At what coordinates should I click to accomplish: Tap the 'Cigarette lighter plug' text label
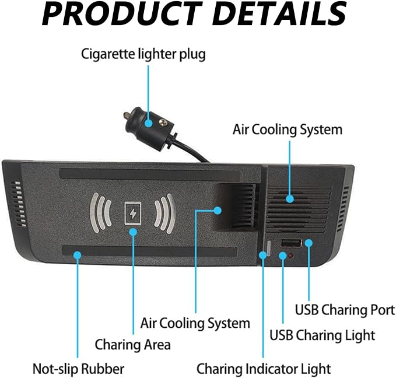pyautogui.click(x=143, y=54)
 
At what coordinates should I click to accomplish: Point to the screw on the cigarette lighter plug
pyautogui.click(x=163, y=123)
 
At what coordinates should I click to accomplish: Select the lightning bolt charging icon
pyautogui.click(x=133, y=213)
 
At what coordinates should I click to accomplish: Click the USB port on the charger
pyautogui.click(x=291, y=243)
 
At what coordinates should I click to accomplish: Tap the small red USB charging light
pyautogui.click(x=290, y=256)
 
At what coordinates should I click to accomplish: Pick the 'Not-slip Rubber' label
pyautogui.click(x=79, y=369)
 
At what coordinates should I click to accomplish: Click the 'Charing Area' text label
pyautogui.click(x=133, y=345)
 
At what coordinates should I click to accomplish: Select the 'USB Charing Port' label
pyautogui.click(x=345, y=310)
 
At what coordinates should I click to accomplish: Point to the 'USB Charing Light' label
pyautogui.click(x=323, y=335)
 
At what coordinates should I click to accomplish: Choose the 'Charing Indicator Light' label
pyautogui.click(x=264, y=369)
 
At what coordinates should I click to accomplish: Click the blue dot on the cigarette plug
pyautogui.click(x=149, y=123)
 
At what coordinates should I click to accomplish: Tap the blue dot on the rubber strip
pyautogui.click(x=78, y=255)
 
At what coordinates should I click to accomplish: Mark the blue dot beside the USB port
pyautogui.click(x=309, y=243)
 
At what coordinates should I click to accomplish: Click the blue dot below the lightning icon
pyautogui.click(x=133, y=232)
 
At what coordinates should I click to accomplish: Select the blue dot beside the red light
pyautogui.click(x=283, y=256)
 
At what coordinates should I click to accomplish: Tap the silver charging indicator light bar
pyautogui.click(x=269, y=249)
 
